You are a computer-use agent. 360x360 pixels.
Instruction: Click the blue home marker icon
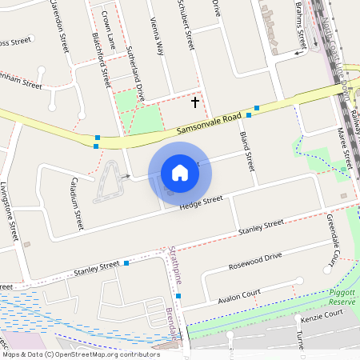pyautogui.click(x=180, y=172)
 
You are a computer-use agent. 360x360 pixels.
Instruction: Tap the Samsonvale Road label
pyautogui.click(x=208, y=124)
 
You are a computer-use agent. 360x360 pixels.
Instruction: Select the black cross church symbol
pyautogui.click(x=195, y=102)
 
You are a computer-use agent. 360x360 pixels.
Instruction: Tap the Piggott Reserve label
pyautogui.click(x=342, y=297)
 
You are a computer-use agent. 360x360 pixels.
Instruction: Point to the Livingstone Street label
pyautogui.click(x=13, y=216)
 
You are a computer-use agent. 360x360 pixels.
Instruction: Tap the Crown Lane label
pyautogui.click(x=109, y=29)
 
